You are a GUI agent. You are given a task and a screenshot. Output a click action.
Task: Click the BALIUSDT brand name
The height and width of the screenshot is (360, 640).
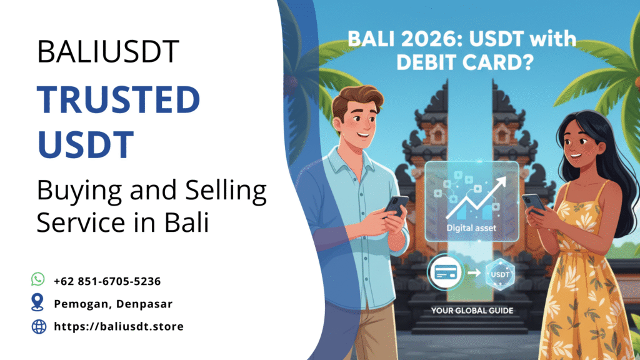108,51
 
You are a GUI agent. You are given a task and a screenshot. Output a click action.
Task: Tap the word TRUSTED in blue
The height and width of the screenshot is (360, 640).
118,100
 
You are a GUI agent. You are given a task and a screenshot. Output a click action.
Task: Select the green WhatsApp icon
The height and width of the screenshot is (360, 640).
39,279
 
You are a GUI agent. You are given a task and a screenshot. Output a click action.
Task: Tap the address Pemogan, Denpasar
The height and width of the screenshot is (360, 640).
112,304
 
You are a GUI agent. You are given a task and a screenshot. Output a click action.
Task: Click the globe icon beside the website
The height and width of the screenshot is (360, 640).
39,326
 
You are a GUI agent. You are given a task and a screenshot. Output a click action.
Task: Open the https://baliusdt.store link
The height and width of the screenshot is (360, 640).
119,326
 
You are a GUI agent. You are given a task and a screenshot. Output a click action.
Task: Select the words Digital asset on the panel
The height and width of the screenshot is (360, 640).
472,228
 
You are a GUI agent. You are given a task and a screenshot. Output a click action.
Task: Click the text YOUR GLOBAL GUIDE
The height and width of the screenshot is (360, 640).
472,311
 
